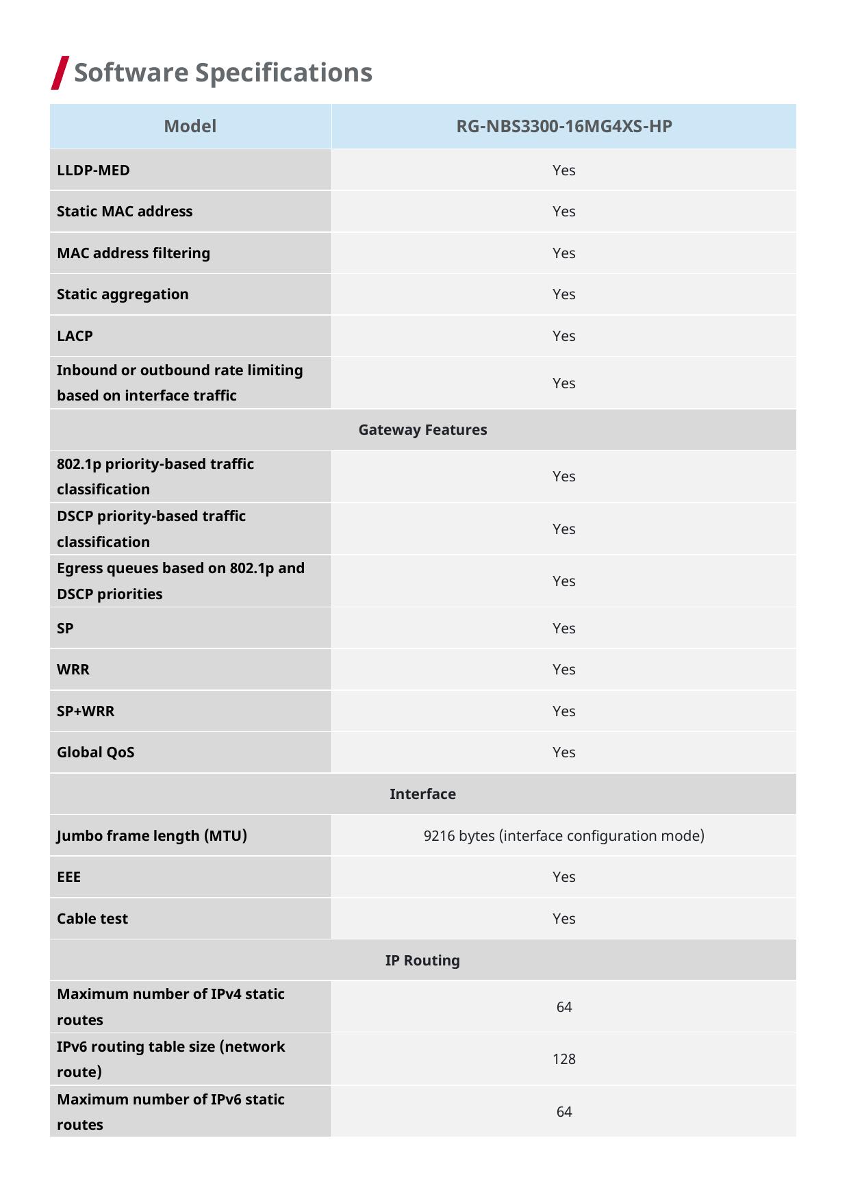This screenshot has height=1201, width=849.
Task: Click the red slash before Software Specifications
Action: tap(60, 73)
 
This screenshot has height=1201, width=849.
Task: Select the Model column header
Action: tap(190, 126)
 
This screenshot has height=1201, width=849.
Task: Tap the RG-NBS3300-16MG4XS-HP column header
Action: tap(563, 126)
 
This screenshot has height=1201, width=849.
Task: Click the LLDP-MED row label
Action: tap(93, 170)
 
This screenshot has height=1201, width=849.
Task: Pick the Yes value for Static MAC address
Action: tap(563, 212)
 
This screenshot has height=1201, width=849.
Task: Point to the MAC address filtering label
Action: tap(134, 253)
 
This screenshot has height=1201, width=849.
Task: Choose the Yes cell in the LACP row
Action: tap(563, 336)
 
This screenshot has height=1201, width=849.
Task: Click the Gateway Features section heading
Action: tap(422, 429)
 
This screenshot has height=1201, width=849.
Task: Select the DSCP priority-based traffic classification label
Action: tap(151, 529)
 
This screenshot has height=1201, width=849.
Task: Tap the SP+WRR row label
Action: tap(86, 711)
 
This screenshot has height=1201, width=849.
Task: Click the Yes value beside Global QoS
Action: tap(563, 752)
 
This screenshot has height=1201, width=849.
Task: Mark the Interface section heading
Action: tap(422, 794)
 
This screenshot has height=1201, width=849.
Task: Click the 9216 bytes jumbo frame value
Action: tap(563, 835)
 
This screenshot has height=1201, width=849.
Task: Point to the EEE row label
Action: tap(68, 876)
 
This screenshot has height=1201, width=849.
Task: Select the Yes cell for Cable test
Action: tap(563, 918)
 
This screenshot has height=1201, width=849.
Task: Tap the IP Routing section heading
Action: tap(422, 960)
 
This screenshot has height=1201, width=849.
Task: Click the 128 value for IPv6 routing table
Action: tap(563, 1059)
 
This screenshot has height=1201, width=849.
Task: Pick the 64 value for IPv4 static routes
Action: tap(563, 1007)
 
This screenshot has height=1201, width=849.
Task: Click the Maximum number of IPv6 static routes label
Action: tap(170, 1111)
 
